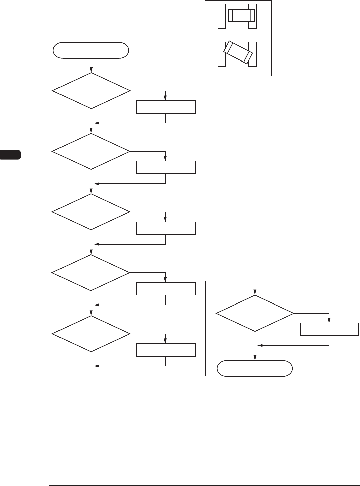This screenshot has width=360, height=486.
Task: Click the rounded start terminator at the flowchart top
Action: click(x=91, y=50)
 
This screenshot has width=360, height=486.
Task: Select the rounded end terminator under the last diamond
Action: click(x=255, y=368)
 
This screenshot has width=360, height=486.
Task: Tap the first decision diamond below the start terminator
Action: click(x=91, y=91)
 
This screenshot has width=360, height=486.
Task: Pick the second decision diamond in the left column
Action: click(x=91, y=151)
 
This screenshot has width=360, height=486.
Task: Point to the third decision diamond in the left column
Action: click(x=91, y=212)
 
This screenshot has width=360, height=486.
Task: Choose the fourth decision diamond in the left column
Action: click(x=91, y=273)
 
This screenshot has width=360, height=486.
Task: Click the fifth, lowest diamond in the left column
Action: click(x=91, y=334)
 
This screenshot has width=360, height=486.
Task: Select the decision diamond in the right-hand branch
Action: click(x=255, y=313)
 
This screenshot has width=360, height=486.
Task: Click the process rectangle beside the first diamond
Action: click(x=165, y=107)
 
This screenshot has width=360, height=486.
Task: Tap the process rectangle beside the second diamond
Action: click(x=165, y=167)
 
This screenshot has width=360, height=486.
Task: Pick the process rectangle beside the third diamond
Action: click(x=165, y=228)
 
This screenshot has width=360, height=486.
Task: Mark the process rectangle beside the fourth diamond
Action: click(x=165, y=289)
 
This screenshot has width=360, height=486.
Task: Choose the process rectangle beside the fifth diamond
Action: click(x=165, y=350)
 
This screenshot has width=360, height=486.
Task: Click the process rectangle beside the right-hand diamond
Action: click(x=329, y=329)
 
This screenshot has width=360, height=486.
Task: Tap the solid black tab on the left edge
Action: click(x=10, y=155)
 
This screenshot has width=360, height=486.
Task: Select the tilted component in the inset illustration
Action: click(x=238, y=52)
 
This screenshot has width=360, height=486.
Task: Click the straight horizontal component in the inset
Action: click(x=241, y=15)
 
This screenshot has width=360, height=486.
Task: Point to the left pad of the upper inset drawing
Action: click(x=222, y=16)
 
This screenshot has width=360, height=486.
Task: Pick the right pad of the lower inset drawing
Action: click(x=253, y=54)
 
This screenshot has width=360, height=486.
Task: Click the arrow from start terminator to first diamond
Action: click(x=91, y=66)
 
